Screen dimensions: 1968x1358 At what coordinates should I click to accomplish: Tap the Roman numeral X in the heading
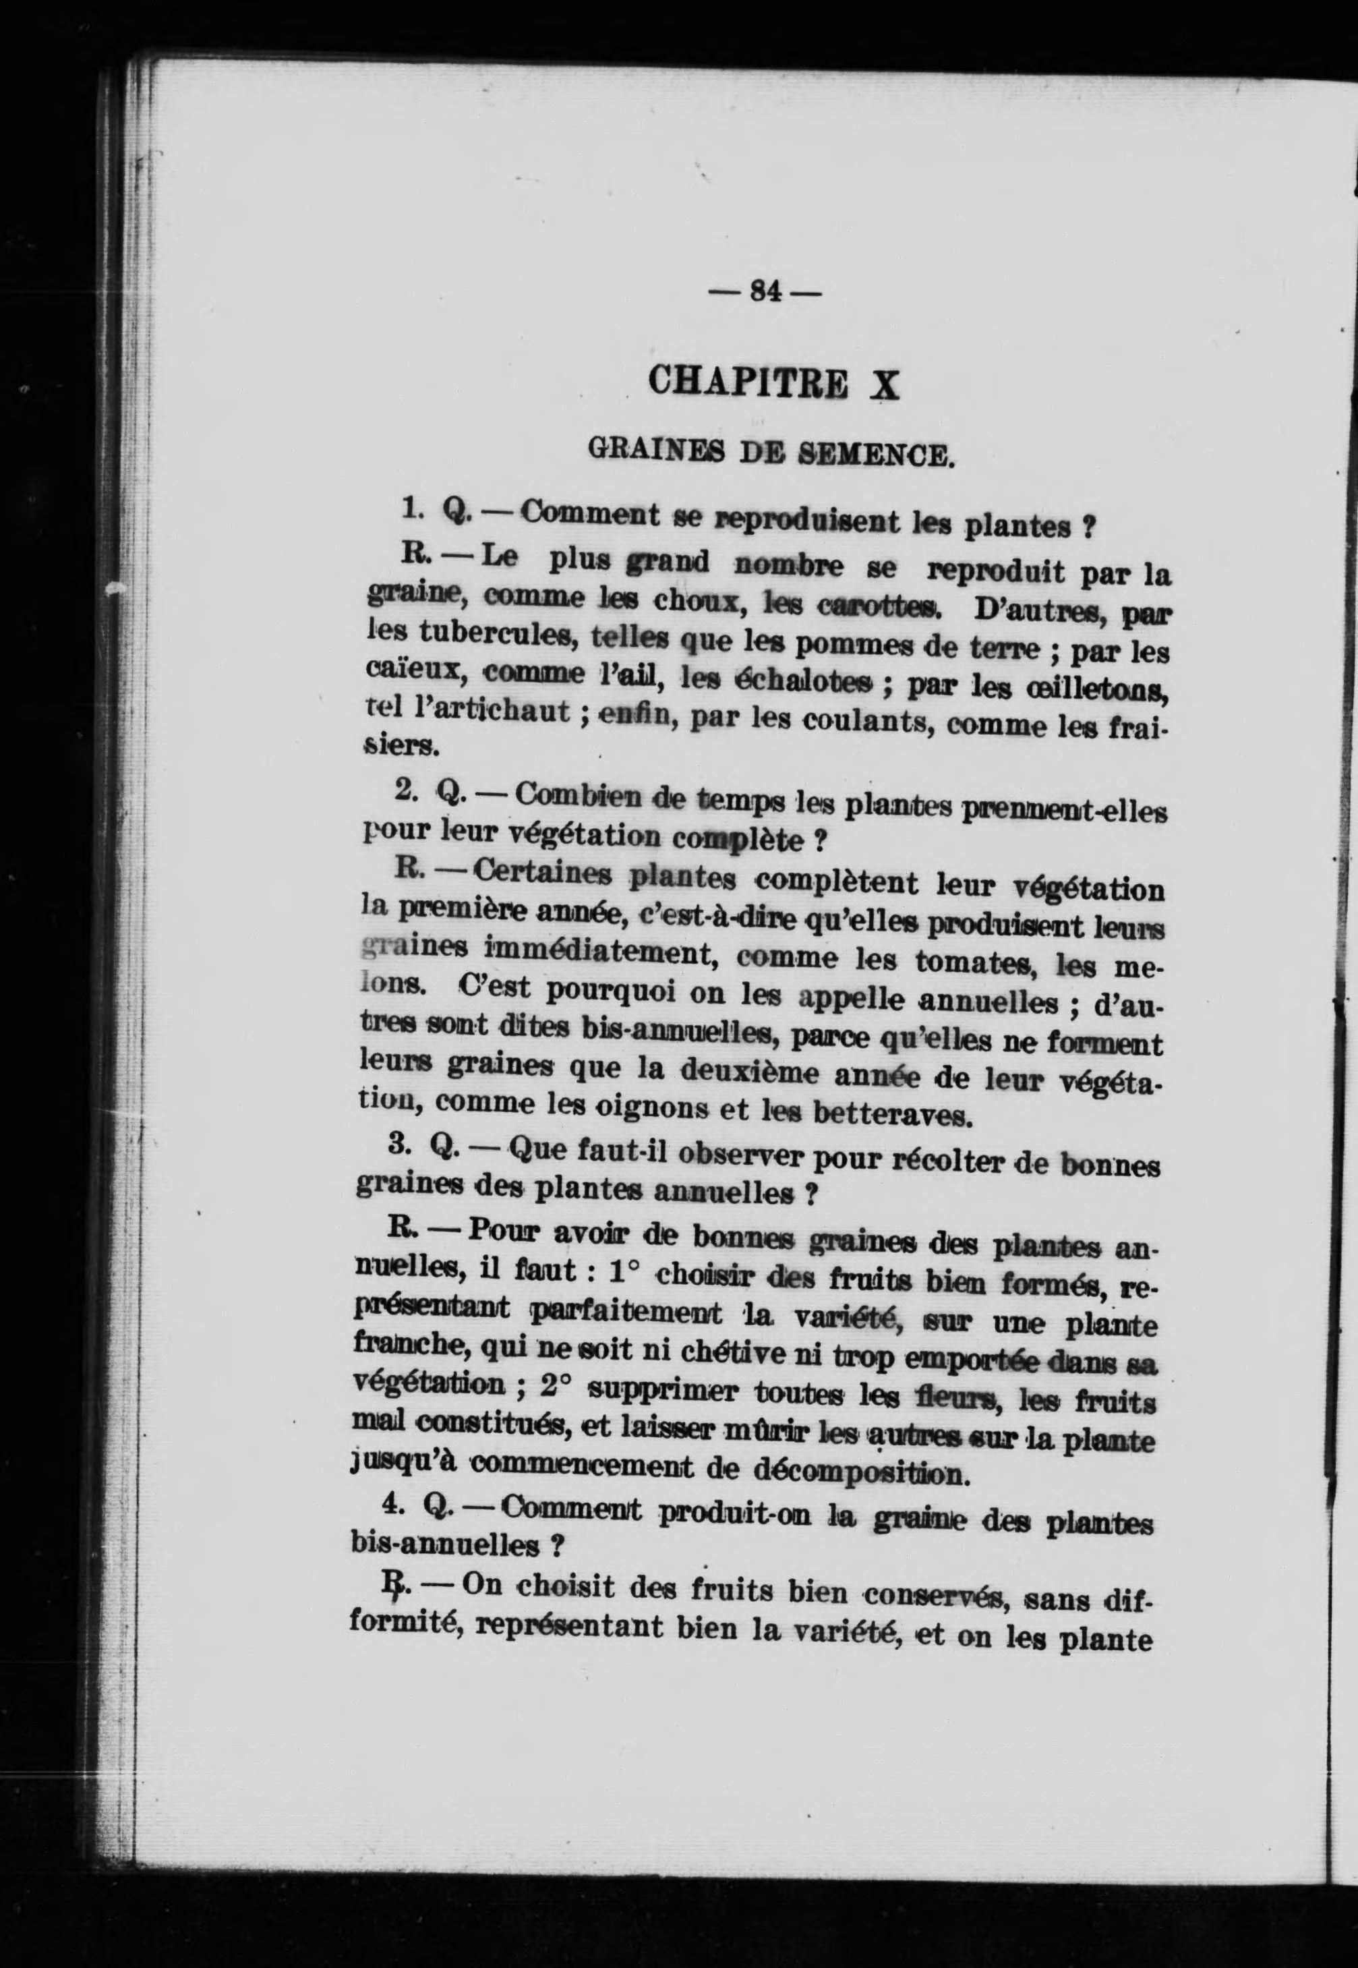[x=885, y=385]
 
